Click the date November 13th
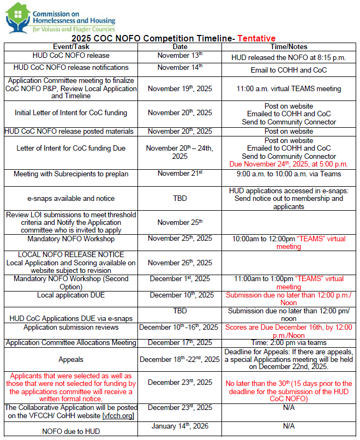click(x=179, y=56)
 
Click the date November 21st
click(x=179, y=174)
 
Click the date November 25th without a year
click(x=179, y=223)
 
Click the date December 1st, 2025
click(x=179, y=279)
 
